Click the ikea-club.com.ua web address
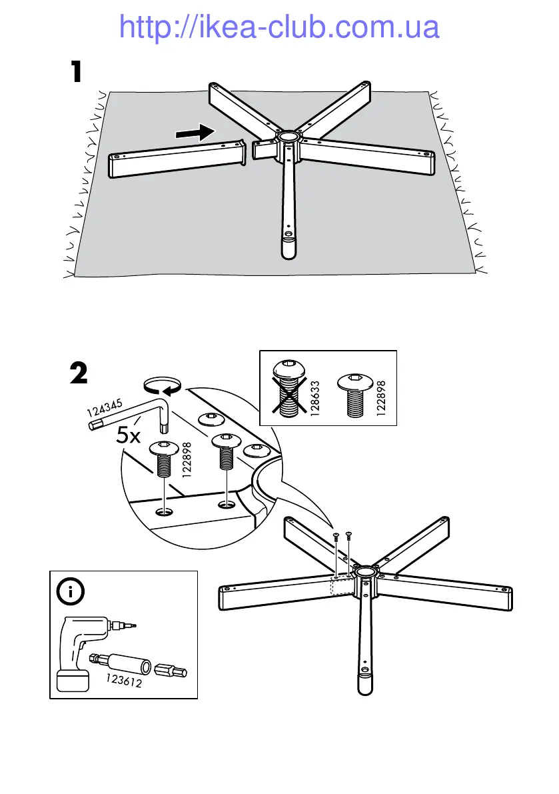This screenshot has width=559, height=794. (x=279, y=27)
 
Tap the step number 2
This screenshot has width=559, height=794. (x=78, y=373)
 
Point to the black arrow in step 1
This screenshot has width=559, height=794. (x=197, y=133)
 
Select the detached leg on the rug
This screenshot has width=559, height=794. (x=177, y=159)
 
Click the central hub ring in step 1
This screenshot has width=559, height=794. (x=288, y=137)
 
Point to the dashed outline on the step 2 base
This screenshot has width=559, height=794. (x=343, y=585)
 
